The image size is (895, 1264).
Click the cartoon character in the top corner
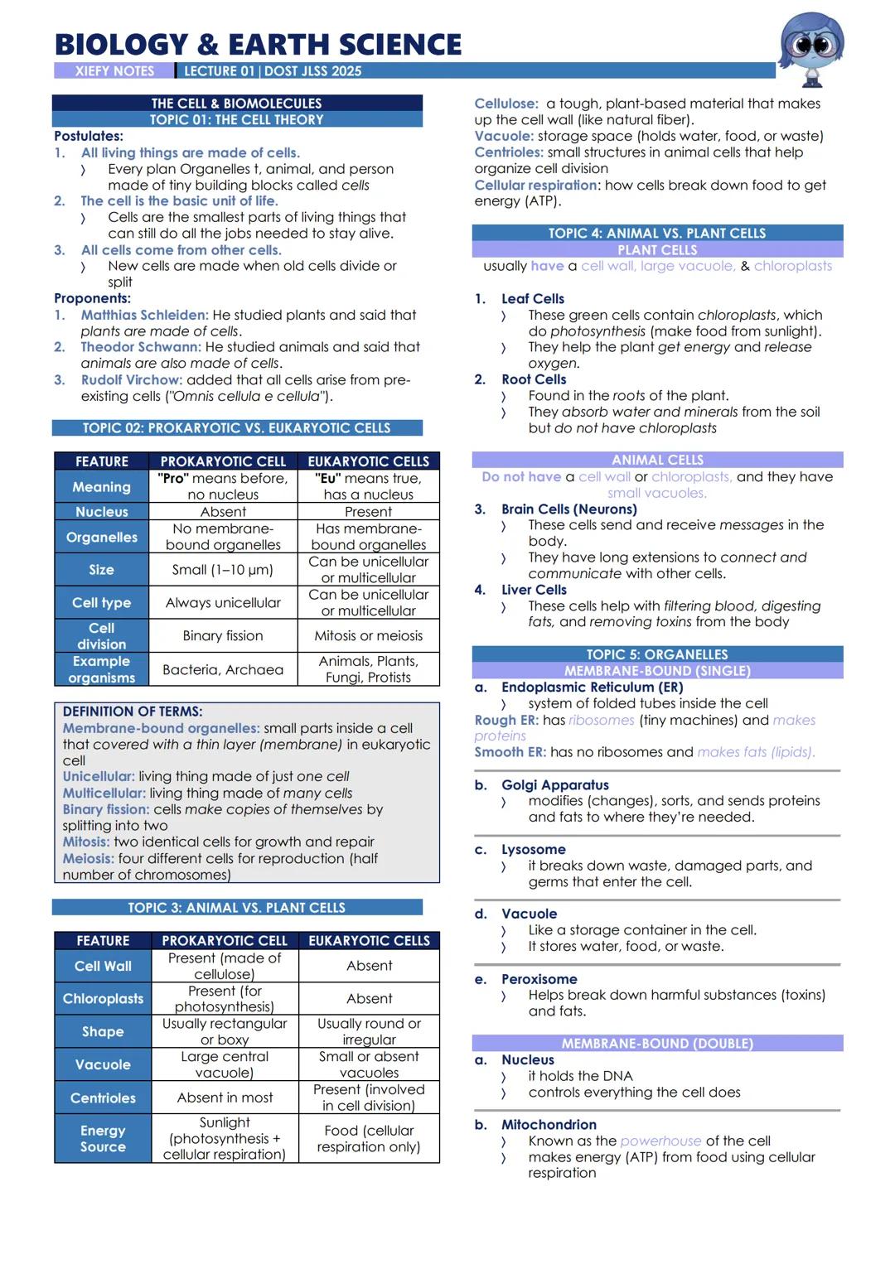[x=811, y=48]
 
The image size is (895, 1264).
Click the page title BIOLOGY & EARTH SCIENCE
[x=258, y=44]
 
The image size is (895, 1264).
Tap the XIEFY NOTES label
[x=114, y=71]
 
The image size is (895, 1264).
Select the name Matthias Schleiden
[x=144, y=315]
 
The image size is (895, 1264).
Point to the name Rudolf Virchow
[x=131, y=379]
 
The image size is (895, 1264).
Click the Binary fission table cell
[x=223, y=636]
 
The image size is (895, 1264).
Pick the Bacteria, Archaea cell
[x=223, y=669]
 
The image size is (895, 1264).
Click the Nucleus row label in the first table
[x=102, y=512]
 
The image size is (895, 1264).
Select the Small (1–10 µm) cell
[x=223, y=570]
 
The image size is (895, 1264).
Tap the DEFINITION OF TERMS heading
[x=133, y=712]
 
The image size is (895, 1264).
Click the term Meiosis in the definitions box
[x=88, y=858]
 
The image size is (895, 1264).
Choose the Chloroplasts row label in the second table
[x=103, y=999]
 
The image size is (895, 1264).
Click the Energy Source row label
[x=103, y=1138]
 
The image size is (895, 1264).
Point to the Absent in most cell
[x=225, y=1098]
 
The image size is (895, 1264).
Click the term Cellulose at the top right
[x=506, y=104]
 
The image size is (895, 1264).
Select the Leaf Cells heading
[x=532, y=298]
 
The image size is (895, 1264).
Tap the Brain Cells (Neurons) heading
[x=568, y=509]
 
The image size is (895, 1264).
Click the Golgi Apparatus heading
[x=554, y=784]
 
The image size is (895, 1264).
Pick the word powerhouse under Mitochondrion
[x=660, y=1141]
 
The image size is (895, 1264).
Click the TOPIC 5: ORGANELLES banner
[x=657, y=654]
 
